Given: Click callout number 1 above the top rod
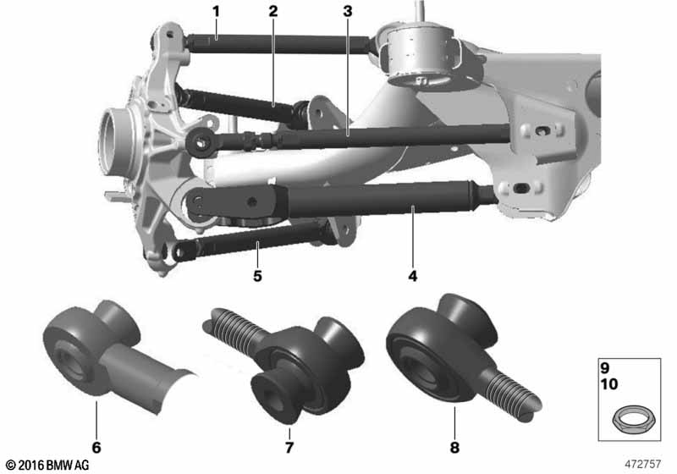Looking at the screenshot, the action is click(217, 12).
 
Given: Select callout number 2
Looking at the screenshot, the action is click(272, 12).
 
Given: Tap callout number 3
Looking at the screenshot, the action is click(348, 12).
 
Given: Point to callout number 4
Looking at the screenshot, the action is click(413, 276).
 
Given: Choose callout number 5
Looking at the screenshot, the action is click(257, 276).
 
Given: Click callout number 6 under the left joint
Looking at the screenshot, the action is click(96, 447).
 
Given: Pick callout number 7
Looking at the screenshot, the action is click(289, 447).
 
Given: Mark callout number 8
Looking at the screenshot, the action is click(454, 447).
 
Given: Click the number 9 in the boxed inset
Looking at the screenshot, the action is click(604, 368).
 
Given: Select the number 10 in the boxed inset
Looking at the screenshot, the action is click(608, 383).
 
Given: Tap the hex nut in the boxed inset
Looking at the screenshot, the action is click(634, 419).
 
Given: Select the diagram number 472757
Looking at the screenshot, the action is click(643, 464).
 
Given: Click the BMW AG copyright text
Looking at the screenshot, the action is click(47, 465).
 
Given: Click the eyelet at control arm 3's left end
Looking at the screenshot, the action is click(200, 141).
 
